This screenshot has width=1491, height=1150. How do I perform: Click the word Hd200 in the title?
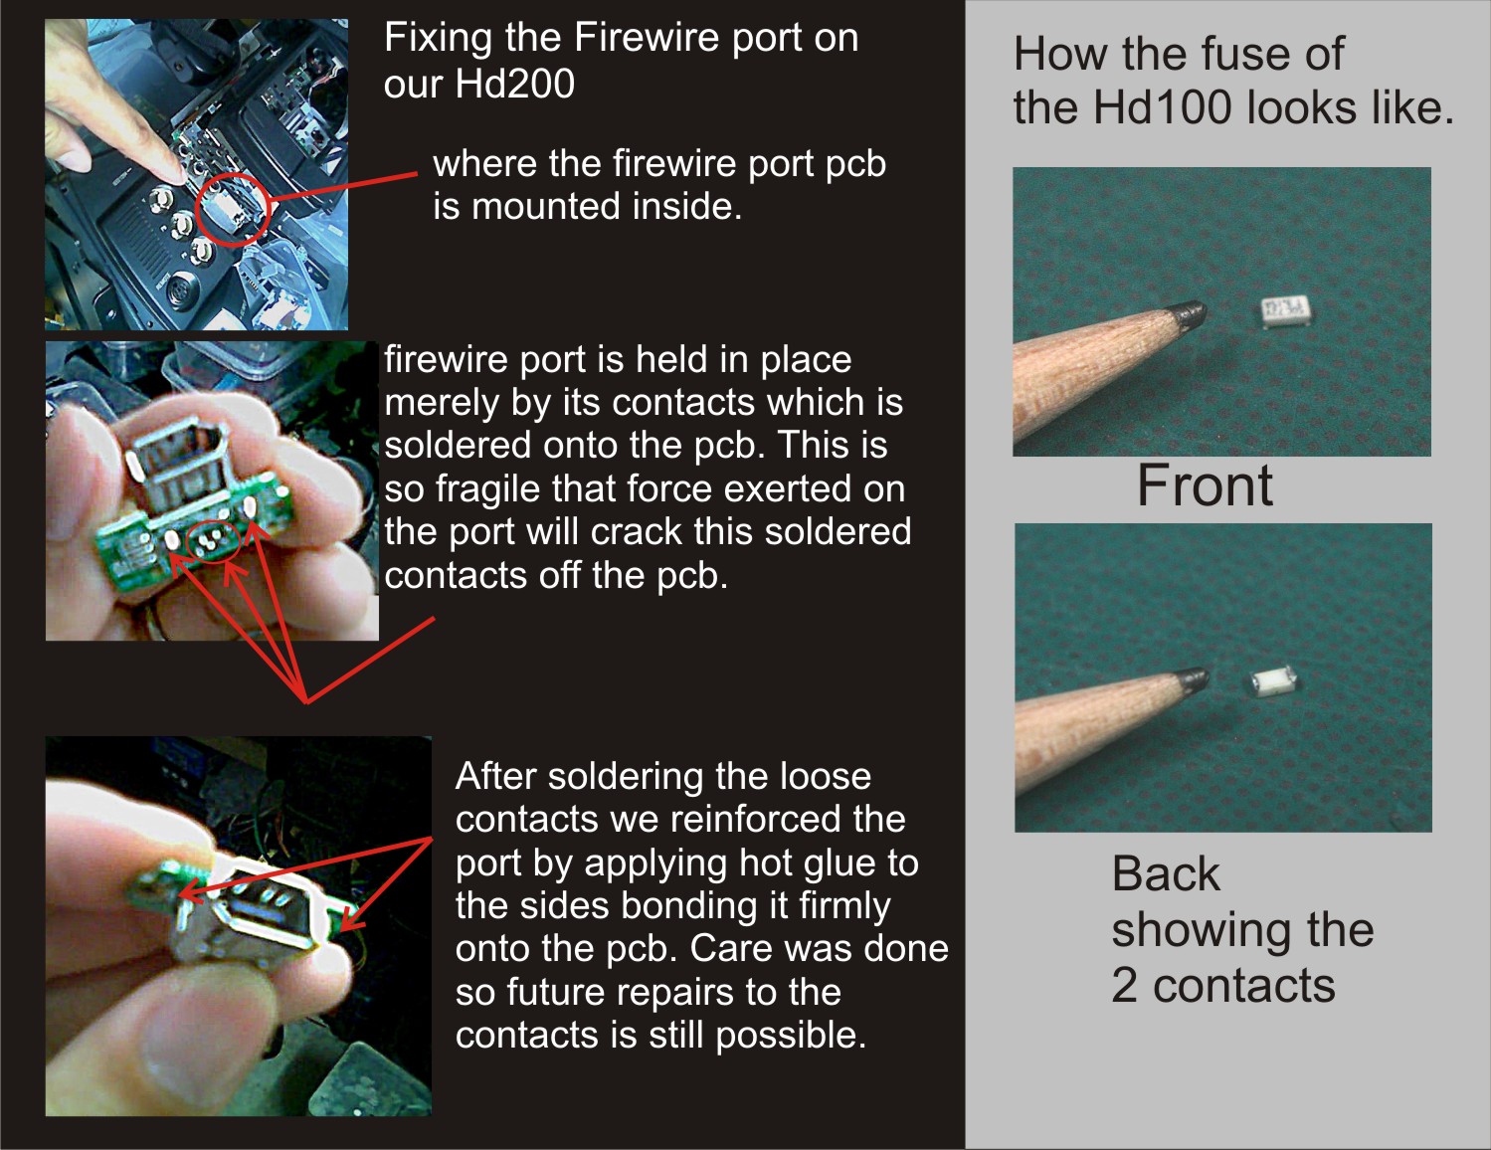(x=514, y=85)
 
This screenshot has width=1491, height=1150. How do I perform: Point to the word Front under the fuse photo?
(x=1205, y=485)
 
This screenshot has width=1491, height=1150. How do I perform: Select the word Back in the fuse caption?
(x=1166, y=874)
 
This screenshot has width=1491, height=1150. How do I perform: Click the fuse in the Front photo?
(x=1285, y=310)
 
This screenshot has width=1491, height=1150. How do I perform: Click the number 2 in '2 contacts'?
(x=1124, y=985)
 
